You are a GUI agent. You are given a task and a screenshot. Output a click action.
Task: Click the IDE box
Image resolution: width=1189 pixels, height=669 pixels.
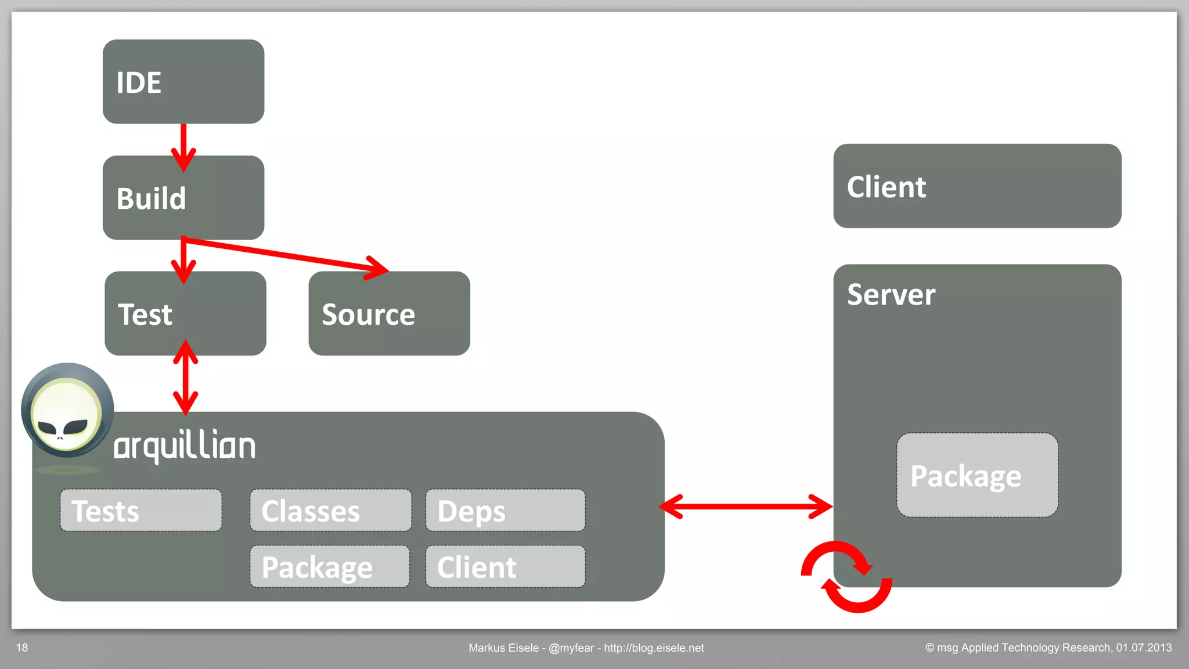click(x=183, y=82)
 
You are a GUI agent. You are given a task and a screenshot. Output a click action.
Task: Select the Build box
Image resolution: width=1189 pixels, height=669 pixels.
click(x=183, y=198)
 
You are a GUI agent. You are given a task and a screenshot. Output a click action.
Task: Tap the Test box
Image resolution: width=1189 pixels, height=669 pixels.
click(x=185, y=313)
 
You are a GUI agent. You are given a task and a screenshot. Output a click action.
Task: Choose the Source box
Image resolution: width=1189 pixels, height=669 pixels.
click(x=389, y=313)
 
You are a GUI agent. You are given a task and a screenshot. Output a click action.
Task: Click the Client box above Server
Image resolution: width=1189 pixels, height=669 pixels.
click(x=977, y=186)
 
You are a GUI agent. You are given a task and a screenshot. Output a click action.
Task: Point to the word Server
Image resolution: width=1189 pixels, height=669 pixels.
click(x=891, y=295)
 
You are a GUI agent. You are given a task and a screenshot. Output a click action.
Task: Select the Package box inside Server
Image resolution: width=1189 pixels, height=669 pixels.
click(x=977, y=475)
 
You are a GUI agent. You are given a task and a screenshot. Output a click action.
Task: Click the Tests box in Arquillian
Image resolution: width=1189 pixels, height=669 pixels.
click(x=140, y=511)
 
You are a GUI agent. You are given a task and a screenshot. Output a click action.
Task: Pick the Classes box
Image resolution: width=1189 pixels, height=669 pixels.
click(x=330, y=511)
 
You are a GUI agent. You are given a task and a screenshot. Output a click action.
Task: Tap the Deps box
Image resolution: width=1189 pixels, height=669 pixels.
click(x=505, y=511)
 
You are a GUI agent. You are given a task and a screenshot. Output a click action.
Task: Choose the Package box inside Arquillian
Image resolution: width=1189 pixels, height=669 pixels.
click(x=330, y=567)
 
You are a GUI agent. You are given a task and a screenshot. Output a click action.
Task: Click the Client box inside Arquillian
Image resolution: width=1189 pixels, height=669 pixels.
click(x=505, y=567)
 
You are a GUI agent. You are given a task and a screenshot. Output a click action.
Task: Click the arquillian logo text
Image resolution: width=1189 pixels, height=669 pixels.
click(x=185, y=446)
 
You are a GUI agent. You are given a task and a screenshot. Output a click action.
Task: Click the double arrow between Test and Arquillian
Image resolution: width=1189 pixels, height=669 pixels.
click(x=185, y=377)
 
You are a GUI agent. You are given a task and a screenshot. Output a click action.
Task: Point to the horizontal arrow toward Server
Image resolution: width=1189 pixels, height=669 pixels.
click(x=746, y=507)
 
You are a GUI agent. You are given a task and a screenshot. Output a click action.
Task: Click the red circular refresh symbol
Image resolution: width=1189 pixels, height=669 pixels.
click(x=846, y=577)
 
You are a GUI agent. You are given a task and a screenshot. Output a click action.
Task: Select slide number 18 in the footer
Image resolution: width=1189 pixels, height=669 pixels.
click(x=22, y=648)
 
